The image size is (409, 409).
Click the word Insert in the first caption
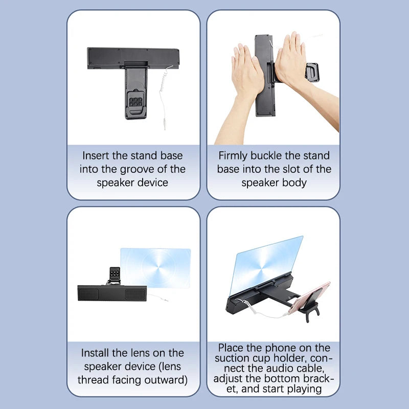tap(95, 155)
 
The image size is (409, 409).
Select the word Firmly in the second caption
tap(234, 155)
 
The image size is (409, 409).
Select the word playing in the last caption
tap(305, 389)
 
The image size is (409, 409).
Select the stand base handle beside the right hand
tap(311, 72)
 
